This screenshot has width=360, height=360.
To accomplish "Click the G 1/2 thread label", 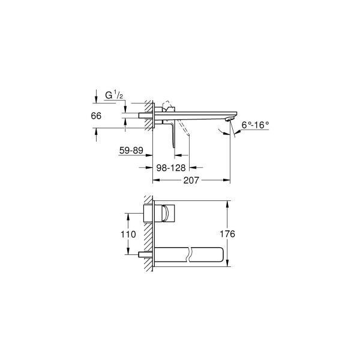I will [x=113, y=95].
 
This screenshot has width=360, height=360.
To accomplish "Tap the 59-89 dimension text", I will [x=131, y=151].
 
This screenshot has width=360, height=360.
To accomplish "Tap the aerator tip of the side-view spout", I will [x=228, y=120].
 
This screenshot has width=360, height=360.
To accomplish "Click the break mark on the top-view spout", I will [x=189, y=254].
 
